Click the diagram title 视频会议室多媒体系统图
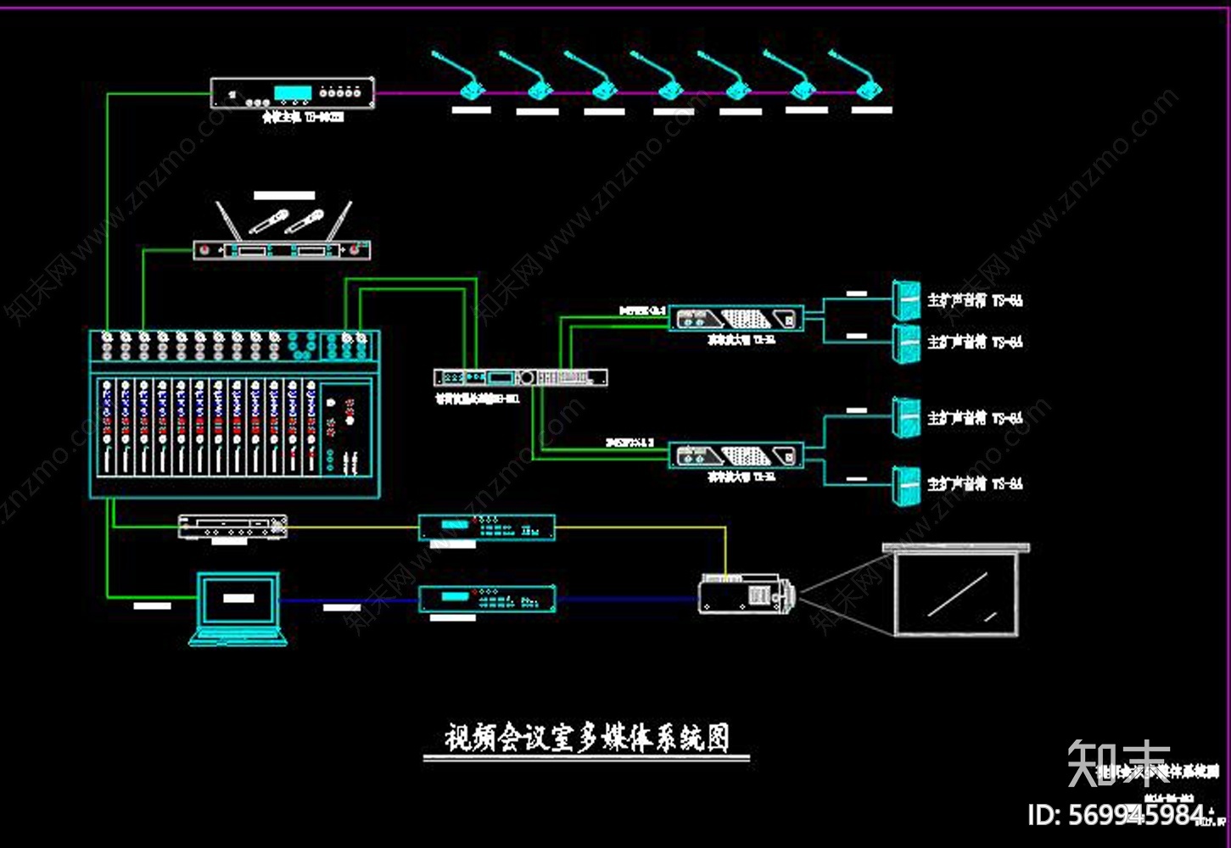click(586, 738)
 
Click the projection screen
click(957, 592)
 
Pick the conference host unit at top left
click(293, 92)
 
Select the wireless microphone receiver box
click(282, 250)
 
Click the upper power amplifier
click(736, 319)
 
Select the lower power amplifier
click(736, 455)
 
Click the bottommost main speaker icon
click(906, 485)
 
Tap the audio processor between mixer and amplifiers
click(520, 377)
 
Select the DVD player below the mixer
click(232, 527)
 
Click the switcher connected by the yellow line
click(487, 527)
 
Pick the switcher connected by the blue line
click(487, 599)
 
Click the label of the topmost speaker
click(975, 300)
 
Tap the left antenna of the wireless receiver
click(225, 220)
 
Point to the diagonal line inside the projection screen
click(957, 594)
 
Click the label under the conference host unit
click(303, 118)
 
